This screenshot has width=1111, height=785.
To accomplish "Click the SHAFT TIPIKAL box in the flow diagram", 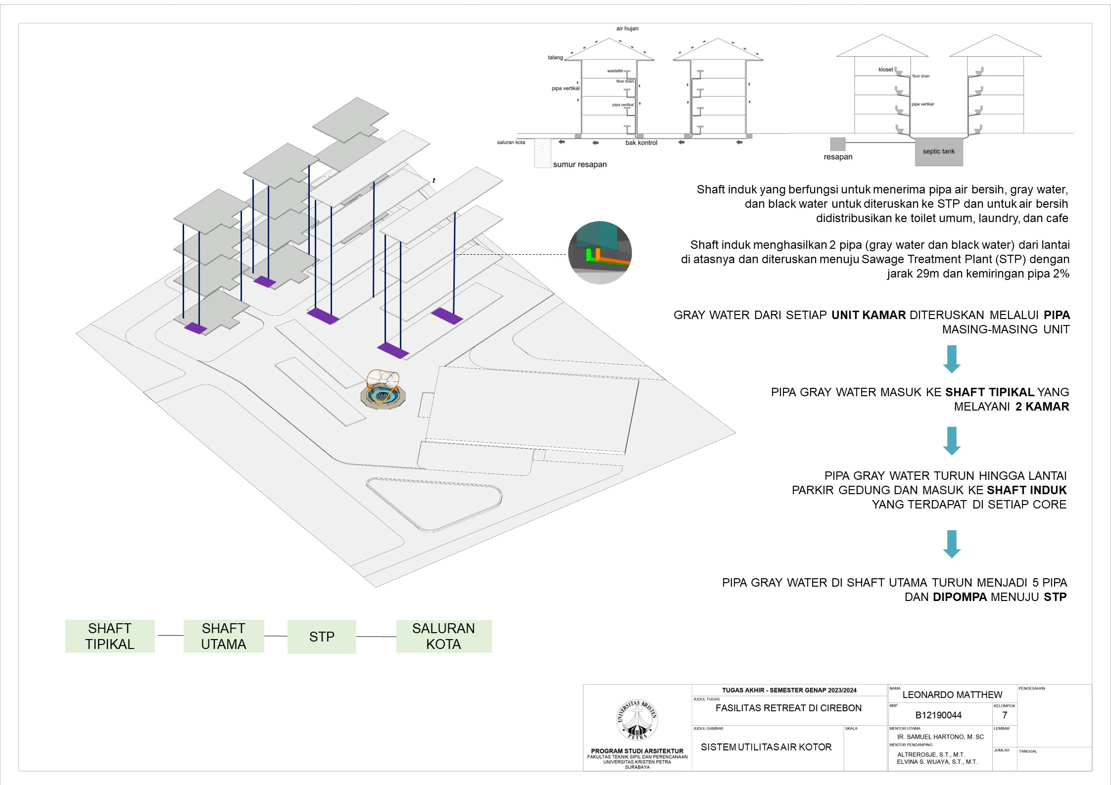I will [109, 636].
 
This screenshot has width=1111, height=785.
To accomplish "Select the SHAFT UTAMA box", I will [223, 636].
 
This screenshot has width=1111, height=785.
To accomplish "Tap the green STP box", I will [322, 637].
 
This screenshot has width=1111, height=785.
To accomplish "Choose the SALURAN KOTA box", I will [443, 636].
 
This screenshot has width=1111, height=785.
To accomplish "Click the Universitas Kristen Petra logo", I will [637, 720].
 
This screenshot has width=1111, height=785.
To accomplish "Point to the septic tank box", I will [938, 151].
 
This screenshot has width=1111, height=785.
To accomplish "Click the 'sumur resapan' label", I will [580, 165].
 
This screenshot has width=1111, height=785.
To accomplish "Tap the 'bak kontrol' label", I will [641, 143].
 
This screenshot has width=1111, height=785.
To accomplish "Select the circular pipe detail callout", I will [600, 253].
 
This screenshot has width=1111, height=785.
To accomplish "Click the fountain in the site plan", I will [386, 394].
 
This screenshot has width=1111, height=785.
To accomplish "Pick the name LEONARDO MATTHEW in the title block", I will [952, 695].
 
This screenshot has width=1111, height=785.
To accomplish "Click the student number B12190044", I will [938, 715].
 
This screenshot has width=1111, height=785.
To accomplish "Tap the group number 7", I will [1004, 715].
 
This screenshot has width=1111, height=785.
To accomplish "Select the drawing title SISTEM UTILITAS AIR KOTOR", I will [766, 747].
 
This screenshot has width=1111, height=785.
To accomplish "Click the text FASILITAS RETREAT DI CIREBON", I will [788, 708].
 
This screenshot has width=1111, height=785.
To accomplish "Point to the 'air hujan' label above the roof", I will [627, 29].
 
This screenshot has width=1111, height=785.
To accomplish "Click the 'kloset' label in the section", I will [885, 70].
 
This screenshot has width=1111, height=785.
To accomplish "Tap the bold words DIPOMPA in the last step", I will [960, 597].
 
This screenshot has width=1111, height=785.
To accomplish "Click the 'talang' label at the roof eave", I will [555, 58].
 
